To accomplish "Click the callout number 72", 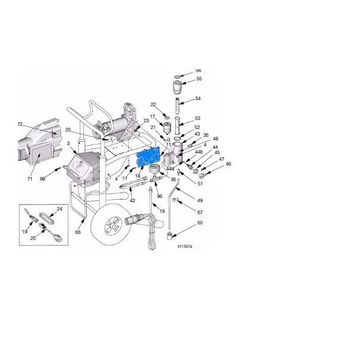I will point(20,124).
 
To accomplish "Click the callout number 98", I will point(59,178).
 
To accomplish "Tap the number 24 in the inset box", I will point(59,209).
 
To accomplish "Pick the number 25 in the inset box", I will point(34,238).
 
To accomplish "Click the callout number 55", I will point(199,79).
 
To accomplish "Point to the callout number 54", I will point(198,99).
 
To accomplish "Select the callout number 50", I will point(200,222).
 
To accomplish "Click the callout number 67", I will point(200,212).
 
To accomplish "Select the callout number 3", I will point(69,144).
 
